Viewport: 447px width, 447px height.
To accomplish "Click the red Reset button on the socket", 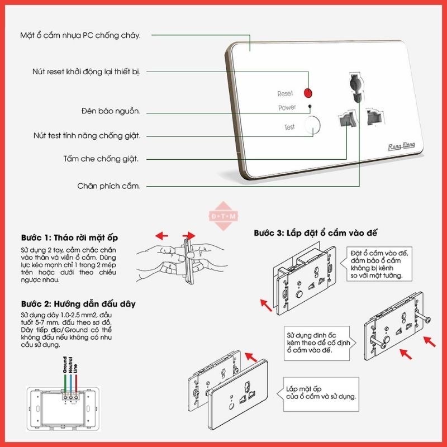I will tap(307, 93).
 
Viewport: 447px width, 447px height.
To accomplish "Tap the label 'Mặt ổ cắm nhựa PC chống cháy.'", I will tap(80, 36).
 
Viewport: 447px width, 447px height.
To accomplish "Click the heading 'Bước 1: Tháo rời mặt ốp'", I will tap(70, 237).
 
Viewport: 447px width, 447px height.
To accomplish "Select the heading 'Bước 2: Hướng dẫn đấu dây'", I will tap(78, 305).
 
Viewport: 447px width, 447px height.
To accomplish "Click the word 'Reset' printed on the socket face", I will tap(286, 94).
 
